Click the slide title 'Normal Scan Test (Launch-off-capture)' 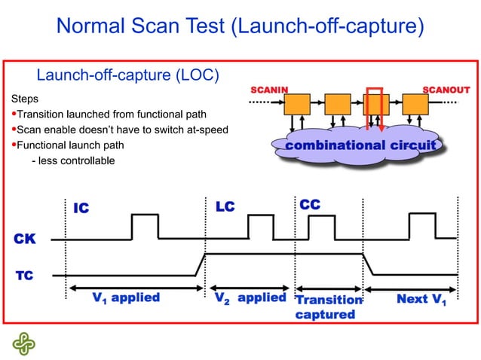[240, 27]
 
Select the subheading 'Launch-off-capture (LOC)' [128, 75]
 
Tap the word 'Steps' [24, 99]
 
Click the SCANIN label [268, 90]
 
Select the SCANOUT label [446, 90]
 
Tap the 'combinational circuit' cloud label [360, 145]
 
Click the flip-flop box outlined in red [375, 103]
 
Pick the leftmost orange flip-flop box [297, 103]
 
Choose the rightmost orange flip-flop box [415, 103]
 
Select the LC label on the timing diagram [225, 206]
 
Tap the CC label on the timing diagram [310, 205]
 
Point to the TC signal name [24, 276]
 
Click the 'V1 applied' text [126, 297]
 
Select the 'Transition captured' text [327, 307]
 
